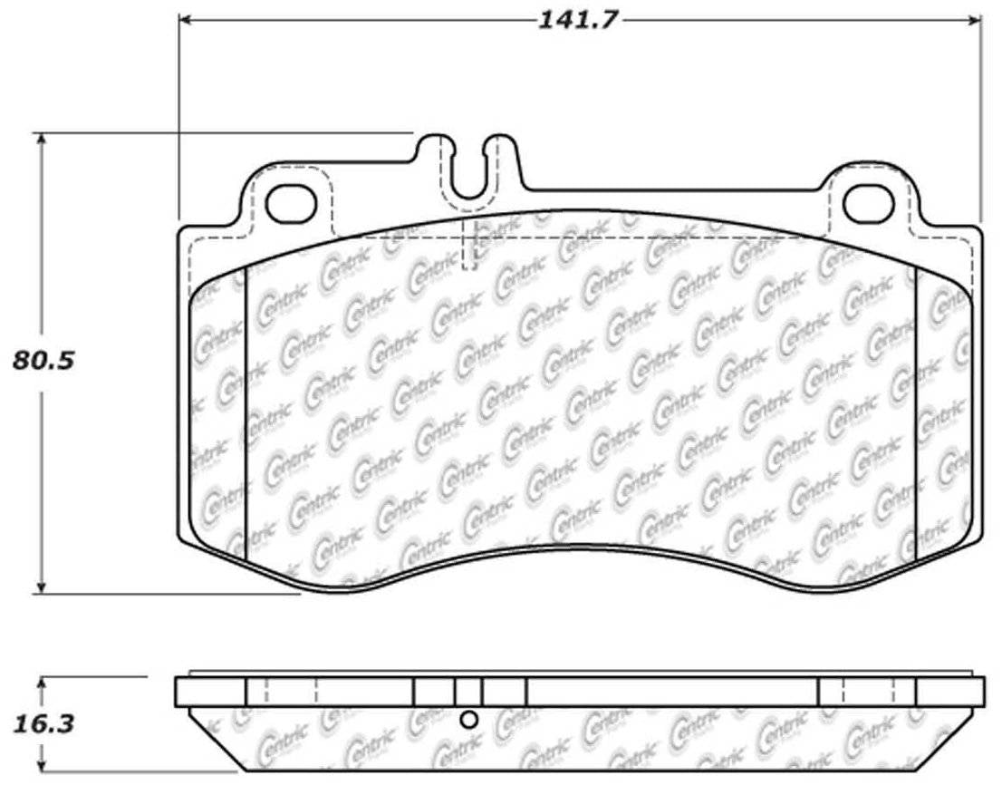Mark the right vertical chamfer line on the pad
(x=917, y=408)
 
